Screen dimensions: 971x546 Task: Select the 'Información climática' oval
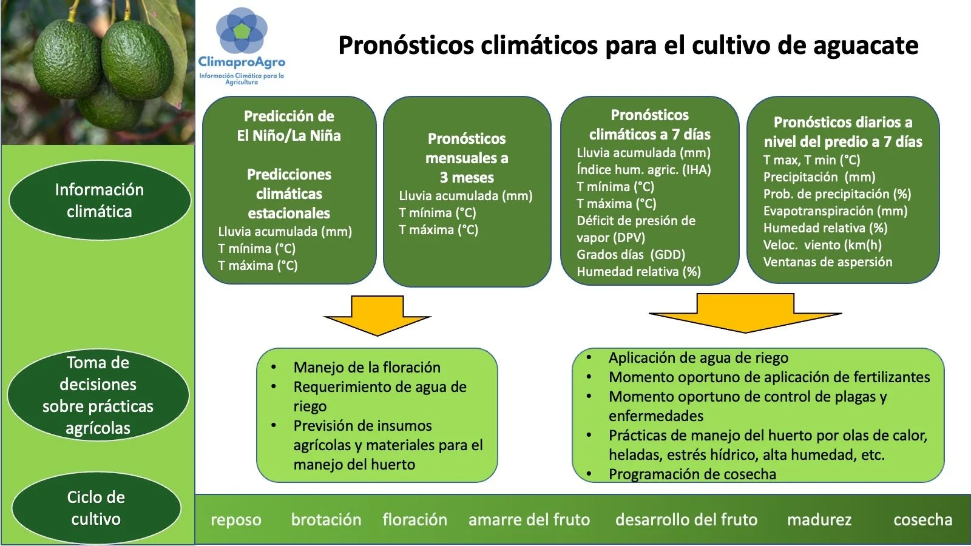100,200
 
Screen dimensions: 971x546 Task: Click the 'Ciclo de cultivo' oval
96,508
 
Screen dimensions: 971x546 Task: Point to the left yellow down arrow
377,315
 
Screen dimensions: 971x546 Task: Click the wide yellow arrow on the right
745,312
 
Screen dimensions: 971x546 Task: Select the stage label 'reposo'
236,520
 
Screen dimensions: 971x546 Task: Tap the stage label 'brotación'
326,520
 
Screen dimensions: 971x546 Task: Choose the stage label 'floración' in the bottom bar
414,520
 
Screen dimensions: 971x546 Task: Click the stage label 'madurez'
819,520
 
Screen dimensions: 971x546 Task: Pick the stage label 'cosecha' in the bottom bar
922,520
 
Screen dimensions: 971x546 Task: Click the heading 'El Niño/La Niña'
289,135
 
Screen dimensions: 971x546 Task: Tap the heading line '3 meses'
467,178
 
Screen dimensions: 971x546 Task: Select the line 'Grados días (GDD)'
631,255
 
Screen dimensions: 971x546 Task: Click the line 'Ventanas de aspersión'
828,262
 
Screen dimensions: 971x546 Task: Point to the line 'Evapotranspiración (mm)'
835,211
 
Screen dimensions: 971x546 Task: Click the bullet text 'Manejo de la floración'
367,367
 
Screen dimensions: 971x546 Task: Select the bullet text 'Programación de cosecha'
692,474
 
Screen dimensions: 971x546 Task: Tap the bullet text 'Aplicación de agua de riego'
699,358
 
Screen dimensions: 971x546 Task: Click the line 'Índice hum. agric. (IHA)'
643,170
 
